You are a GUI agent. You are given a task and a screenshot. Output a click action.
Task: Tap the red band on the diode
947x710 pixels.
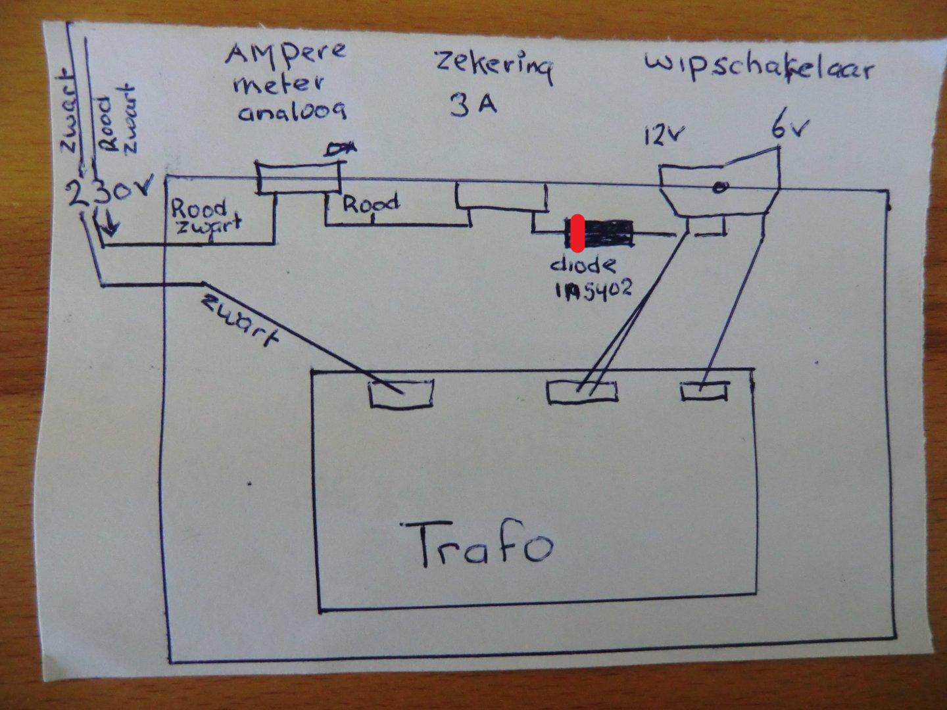tap(577, 233)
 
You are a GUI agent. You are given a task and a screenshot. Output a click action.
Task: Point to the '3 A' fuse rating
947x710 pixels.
tap(472, 105)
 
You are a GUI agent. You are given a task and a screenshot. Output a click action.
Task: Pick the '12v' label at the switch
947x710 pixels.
tap(664, 136)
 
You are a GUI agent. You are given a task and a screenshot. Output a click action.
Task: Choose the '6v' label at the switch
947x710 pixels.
tap(789, 129)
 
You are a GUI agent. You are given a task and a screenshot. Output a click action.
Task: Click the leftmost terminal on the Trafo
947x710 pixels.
tap(401, 394)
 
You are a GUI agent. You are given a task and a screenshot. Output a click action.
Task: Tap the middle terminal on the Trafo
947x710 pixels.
tap(582, 392)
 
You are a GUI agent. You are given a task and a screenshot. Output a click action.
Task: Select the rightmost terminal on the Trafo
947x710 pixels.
tap(704, 391)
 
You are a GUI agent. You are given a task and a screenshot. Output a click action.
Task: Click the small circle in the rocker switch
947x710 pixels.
tap(720, 188)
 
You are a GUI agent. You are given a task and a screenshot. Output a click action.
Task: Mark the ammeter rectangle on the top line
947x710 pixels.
tap(299, 178)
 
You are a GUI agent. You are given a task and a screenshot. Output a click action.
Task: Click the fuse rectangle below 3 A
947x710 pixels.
tap(502, 197)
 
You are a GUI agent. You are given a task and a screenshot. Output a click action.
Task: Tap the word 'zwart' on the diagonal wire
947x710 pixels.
tap(241, 321)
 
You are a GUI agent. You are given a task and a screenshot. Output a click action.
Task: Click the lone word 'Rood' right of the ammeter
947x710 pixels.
tap(370, 204)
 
